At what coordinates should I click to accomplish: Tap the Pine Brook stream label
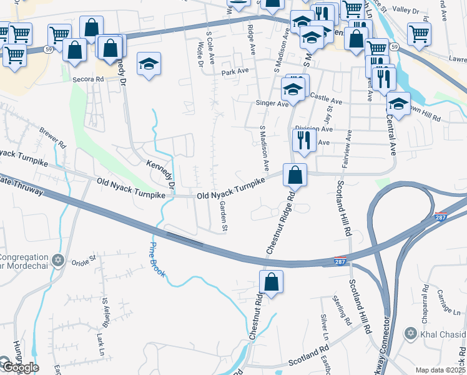(x=157, y=259)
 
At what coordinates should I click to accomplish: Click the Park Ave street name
(x=235, y=72)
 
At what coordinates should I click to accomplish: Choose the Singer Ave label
(x=272, y=103)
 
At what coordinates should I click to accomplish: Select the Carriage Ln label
(x=448, y=302)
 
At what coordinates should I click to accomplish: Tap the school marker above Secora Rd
(x=149, y=64)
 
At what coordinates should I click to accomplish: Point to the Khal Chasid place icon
(x=410, y=333)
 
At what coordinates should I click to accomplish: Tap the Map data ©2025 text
(x=440, y=370)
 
